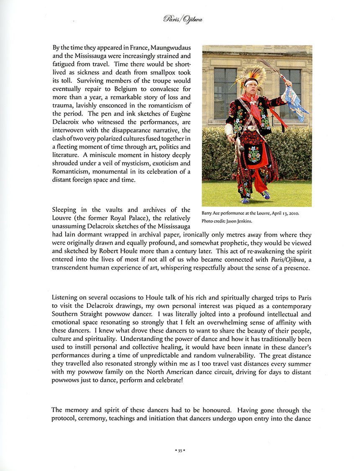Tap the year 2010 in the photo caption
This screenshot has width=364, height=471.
292,213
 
